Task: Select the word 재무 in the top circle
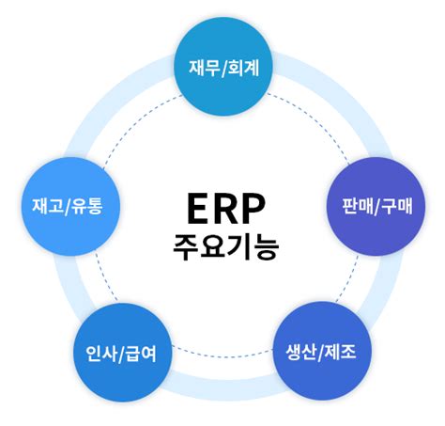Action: [204, 68]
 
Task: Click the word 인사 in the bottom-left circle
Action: [92, 355]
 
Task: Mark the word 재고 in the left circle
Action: [47, 205]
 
